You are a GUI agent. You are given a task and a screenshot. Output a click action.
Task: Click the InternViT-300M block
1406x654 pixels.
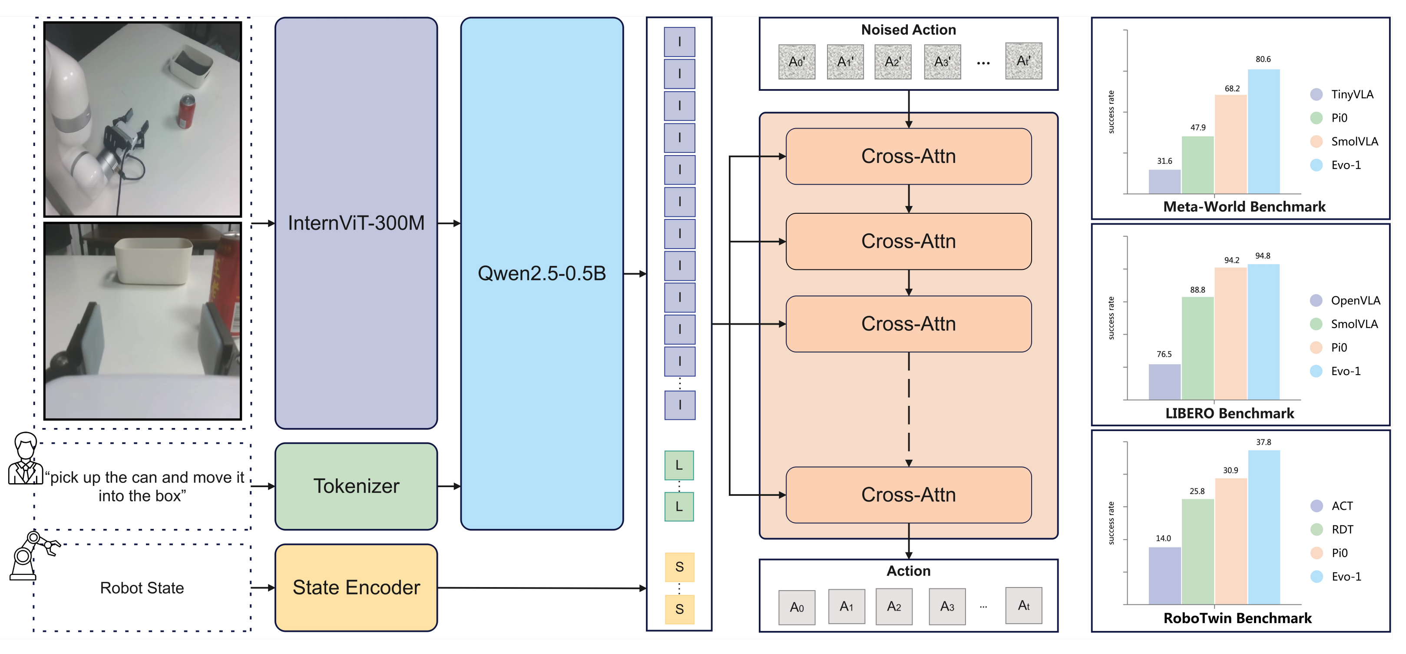(x=356, y=223)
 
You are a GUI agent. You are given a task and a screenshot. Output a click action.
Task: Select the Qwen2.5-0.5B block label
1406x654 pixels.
(x=542, y=273)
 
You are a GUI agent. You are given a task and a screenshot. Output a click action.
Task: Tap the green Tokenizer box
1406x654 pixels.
(x=356, y=486)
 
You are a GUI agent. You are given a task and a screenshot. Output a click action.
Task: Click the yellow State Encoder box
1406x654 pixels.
(x=356, y=588)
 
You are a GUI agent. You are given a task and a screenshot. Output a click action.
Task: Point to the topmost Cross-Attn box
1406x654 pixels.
(x=908, y=156)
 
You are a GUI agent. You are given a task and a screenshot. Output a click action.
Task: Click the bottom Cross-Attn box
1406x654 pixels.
(x=908, y=495)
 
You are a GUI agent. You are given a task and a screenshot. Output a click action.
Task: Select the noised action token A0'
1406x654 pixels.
(x=796, y=62)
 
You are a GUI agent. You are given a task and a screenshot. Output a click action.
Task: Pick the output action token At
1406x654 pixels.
(x=1023, y=605)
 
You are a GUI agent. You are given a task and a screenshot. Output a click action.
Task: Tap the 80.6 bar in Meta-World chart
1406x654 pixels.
(x=1263, y=131)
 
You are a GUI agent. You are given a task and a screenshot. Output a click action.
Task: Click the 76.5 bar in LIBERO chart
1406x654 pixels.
(x=1164, y=382)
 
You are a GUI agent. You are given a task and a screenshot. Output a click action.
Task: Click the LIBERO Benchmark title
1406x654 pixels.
(x=1229, y=413)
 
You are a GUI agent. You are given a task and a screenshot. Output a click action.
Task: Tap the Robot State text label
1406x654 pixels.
(x=142, y=588)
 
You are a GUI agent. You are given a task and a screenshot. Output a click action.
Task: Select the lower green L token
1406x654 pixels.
(x=678, y=507)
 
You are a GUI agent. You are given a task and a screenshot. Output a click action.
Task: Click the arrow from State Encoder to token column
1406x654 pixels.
(x=540, y=588)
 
